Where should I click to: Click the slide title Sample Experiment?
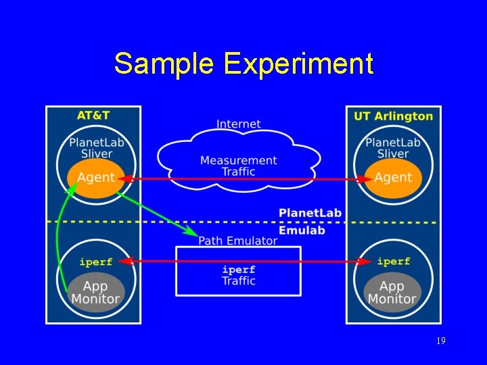pos(243,64)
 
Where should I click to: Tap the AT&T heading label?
pos(93,116)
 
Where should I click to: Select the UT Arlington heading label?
pos(393,116)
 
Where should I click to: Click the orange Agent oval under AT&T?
pos(96,178)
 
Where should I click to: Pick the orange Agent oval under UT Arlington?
pos(393,178)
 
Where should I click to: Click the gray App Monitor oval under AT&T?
pos(95,292)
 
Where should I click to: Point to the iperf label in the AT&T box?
pos(95,262)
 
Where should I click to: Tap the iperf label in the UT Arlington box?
pos(393,262)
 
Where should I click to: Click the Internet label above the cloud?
pos(238,124)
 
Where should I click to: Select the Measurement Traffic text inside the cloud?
pos(238,166)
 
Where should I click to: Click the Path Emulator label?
pos(237,241)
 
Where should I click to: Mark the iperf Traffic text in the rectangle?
pos(238,275)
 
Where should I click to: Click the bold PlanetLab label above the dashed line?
pos(310,213)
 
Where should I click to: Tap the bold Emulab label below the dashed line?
pos(302,230)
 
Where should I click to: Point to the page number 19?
pos(440,341)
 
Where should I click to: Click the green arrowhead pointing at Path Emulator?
pos(193,232)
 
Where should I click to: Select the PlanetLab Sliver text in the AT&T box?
pos(96,147)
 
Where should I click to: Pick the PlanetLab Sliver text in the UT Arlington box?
pos(393,147)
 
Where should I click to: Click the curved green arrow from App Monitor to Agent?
pos(59,237)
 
